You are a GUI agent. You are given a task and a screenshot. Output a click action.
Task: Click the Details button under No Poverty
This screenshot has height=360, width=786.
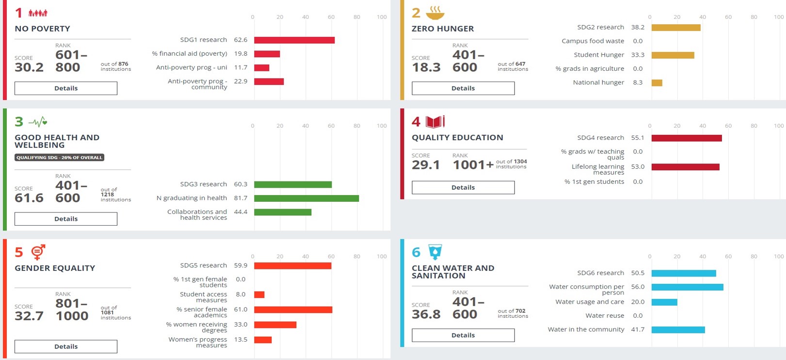(x=66, y=88)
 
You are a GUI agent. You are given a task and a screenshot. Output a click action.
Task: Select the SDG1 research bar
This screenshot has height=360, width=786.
(x=294, y=40)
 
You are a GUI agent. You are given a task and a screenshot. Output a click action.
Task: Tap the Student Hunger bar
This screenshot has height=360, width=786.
(x=673, y=55)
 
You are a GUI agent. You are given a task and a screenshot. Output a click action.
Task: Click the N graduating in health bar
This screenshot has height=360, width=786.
(x=306, y=198)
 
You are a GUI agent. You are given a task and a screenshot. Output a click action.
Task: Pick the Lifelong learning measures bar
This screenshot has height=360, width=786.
(x=685, y=167)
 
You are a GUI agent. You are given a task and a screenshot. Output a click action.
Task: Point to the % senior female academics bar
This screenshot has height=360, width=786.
(x=293, y=310)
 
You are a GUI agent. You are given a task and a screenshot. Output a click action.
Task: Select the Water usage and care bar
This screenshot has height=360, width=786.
(x=664, y=302)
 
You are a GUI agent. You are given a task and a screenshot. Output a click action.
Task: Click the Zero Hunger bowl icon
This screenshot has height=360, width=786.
(x=434, y=13)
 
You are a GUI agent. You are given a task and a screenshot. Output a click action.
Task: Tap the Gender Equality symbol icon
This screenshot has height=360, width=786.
(x=38, y=252)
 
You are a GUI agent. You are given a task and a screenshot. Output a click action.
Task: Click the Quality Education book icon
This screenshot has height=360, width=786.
(x=435, y=121)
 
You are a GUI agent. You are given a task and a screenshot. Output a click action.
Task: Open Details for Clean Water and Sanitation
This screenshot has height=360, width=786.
(x=463, y=335)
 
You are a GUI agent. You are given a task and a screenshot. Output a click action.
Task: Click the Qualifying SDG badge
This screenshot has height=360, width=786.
(x=59, y=158)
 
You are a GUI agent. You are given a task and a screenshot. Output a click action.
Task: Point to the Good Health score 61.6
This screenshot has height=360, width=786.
(x=29, y=198)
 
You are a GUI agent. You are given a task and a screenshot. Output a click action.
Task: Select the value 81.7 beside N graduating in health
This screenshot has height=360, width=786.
(x=241, y=198)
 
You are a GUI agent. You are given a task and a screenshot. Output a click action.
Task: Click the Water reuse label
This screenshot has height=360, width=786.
(x=605, y=316)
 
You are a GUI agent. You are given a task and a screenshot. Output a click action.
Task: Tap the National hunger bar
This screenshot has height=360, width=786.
(x=657, y=83)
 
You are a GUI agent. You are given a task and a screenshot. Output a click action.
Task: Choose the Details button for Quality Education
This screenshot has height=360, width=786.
(x=463, y=188)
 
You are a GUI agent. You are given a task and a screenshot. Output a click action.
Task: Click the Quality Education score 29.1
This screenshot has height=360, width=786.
(x=426, y=165)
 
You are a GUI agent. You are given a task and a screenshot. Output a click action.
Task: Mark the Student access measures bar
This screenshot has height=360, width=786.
(x=259, y=295)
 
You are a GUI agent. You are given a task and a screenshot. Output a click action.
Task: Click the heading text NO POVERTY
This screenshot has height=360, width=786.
(x=43, y=29)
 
